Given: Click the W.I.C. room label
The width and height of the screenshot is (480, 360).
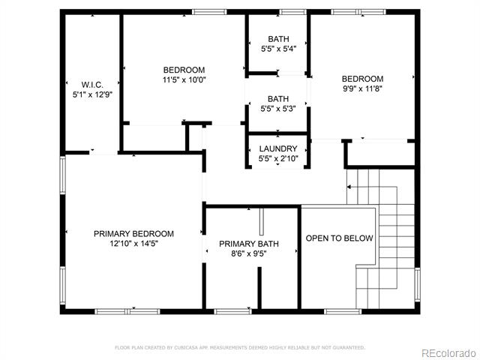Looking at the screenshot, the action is coord(92,85).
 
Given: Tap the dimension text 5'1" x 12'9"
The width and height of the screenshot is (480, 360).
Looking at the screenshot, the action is coord(92,94).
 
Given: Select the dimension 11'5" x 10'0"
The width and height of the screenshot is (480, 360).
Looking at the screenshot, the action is coord(184,80).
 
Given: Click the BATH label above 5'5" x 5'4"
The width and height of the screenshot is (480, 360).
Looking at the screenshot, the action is coord(278,39).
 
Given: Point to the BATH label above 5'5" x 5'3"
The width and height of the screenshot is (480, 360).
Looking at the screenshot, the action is coord(278,99).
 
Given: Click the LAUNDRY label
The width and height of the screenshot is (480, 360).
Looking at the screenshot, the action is coord(278,148).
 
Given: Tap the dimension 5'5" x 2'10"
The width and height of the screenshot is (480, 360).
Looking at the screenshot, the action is coord(278,158).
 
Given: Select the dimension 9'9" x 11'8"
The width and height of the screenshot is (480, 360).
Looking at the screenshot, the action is coord(363,88).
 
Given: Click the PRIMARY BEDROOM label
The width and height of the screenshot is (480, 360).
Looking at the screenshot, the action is coord(133,234).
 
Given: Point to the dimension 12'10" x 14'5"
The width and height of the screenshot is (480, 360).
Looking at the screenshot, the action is coord(133,244).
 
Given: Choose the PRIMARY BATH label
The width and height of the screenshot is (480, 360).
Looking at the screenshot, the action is coord(249,244).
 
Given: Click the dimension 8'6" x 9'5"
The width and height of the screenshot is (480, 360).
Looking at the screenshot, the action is coord(249,253).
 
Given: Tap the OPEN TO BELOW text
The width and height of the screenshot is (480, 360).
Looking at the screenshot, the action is coord(339,238).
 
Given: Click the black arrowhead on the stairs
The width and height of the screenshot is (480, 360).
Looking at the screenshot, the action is coord(349,187).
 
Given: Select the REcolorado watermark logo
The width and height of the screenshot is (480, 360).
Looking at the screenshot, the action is coord(448,353).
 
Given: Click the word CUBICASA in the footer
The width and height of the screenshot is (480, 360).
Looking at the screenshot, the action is coord(186,348).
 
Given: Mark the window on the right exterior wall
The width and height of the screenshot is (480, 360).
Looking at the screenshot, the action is coord(417,284).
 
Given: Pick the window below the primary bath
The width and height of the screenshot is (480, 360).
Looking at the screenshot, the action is coord(232,312).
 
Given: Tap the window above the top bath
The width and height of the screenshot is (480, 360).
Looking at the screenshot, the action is coord(292,12).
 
